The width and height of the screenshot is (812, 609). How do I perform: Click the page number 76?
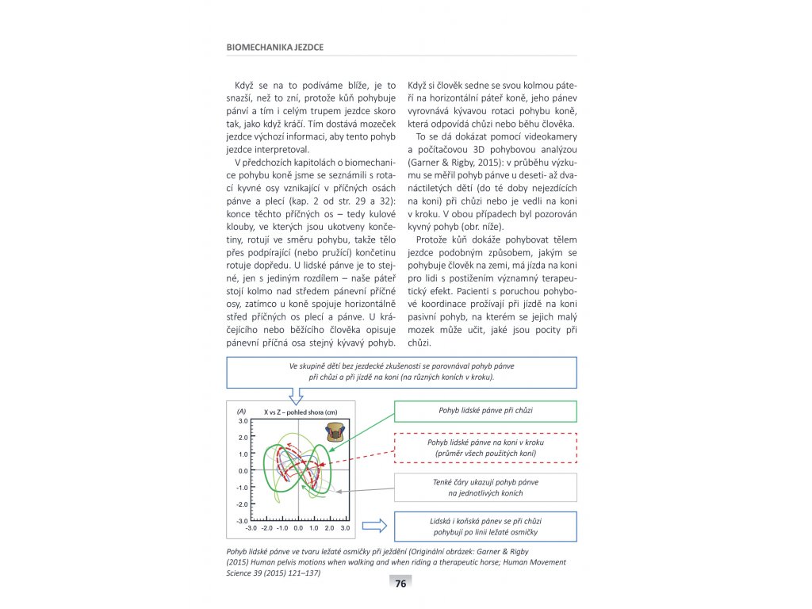400,584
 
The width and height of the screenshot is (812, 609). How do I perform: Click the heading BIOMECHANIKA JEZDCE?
275,47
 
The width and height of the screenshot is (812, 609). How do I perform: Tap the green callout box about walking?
485,411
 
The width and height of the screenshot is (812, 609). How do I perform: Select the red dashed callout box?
485,447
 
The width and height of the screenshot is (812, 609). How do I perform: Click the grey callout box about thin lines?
485,488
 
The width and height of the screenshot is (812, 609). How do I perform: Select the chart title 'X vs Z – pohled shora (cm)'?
300,412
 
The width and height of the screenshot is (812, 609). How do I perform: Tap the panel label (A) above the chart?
242,412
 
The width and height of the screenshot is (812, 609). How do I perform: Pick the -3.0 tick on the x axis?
251,527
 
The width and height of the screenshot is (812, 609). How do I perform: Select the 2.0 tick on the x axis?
330,527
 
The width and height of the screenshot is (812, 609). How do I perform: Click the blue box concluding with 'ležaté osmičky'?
485,526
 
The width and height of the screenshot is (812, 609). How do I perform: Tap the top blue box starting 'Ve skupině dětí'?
401,372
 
